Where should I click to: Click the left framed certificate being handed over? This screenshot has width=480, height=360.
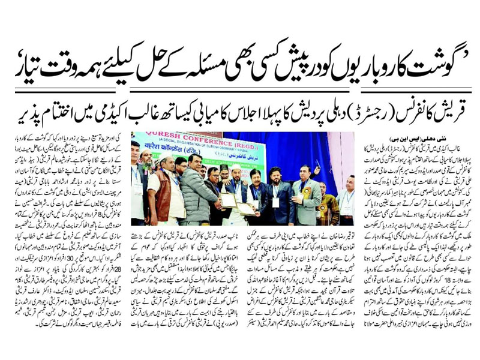pyautogui.click(x=227, y=200)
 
